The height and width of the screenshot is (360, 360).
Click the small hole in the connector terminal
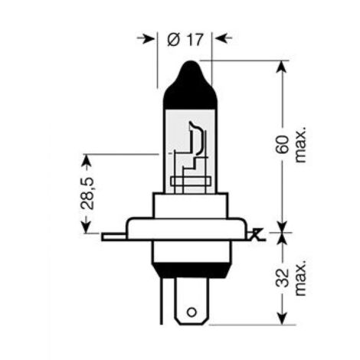point(191,313)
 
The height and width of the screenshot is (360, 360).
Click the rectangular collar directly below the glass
point(191,205)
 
